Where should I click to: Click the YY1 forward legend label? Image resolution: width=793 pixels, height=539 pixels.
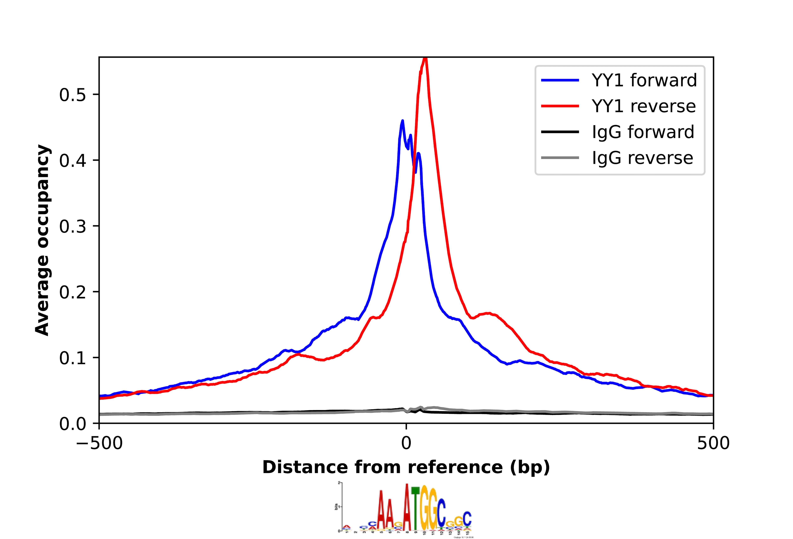[644, 81]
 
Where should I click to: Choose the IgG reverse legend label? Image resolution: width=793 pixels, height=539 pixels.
[642, 158]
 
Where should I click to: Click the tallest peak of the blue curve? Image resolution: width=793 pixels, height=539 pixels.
[403, 121]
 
